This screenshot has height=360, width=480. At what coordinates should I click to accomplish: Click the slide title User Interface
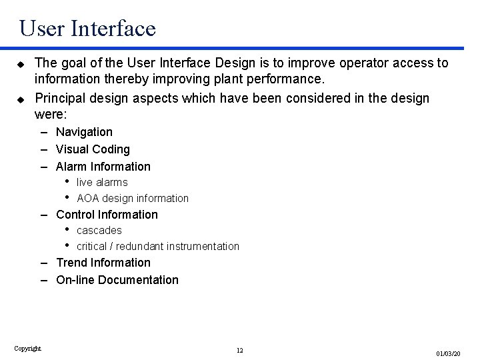[x=87, y=28]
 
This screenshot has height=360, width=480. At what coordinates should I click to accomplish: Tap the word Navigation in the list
[x=84, y=132]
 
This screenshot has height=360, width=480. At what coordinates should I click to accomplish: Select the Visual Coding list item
[x=93, y=149]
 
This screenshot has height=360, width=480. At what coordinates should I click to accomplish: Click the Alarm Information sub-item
[x=103, y=167]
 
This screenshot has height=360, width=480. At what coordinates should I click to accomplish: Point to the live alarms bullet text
[x=102, y=182]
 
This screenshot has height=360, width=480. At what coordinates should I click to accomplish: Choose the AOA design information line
[x=133, y=198]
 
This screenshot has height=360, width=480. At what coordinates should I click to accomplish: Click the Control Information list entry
[x=107, y=215]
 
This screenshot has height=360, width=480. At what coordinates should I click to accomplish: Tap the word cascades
[x=99, y=231]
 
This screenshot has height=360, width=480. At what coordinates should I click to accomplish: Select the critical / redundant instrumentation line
[x=158, y=247]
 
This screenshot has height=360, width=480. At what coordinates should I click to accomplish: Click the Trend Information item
[x=103, y=263]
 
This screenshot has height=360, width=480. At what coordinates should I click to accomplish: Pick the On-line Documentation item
[x=117, y=280]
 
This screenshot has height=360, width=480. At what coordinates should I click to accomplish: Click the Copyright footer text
[x=27, y=348]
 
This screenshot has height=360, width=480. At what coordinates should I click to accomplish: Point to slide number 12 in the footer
[x=240, y=351]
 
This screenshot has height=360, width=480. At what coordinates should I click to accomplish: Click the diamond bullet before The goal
[x=20, y=63]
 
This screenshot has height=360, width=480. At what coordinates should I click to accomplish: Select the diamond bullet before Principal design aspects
[x=20, y=99]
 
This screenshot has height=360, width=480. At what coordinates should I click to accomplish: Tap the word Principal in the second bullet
[x=61, y=99]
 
